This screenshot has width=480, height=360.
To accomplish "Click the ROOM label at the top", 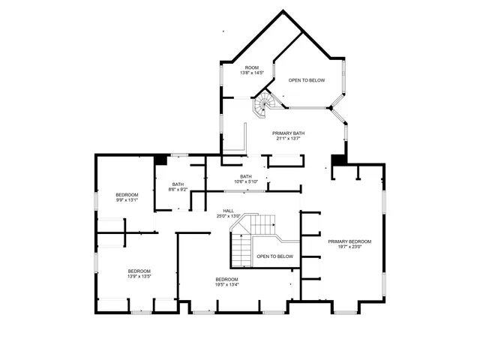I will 252,67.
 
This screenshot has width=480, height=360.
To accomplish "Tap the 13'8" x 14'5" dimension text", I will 252,73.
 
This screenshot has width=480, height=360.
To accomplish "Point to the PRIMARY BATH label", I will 289,133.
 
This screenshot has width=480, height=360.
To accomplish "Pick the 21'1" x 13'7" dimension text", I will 289,138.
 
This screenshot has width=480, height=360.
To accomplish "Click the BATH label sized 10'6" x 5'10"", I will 246,176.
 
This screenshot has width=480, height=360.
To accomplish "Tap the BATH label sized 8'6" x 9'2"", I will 178,184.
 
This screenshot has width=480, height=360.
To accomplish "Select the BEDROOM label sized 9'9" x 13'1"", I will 127,195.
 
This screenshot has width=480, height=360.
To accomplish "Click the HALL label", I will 228,211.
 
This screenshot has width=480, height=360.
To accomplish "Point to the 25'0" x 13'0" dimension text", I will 228,216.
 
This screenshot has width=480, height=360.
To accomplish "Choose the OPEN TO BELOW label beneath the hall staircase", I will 274,256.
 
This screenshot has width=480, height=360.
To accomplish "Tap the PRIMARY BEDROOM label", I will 349,241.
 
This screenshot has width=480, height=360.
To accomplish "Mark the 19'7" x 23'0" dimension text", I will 349,247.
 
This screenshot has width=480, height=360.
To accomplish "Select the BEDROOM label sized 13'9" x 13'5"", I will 139,271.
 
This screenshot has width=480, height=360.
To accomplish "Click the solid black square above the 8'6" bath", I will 160,159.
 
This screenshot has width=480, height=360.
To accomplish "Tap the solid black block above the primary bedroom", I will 338,160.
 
